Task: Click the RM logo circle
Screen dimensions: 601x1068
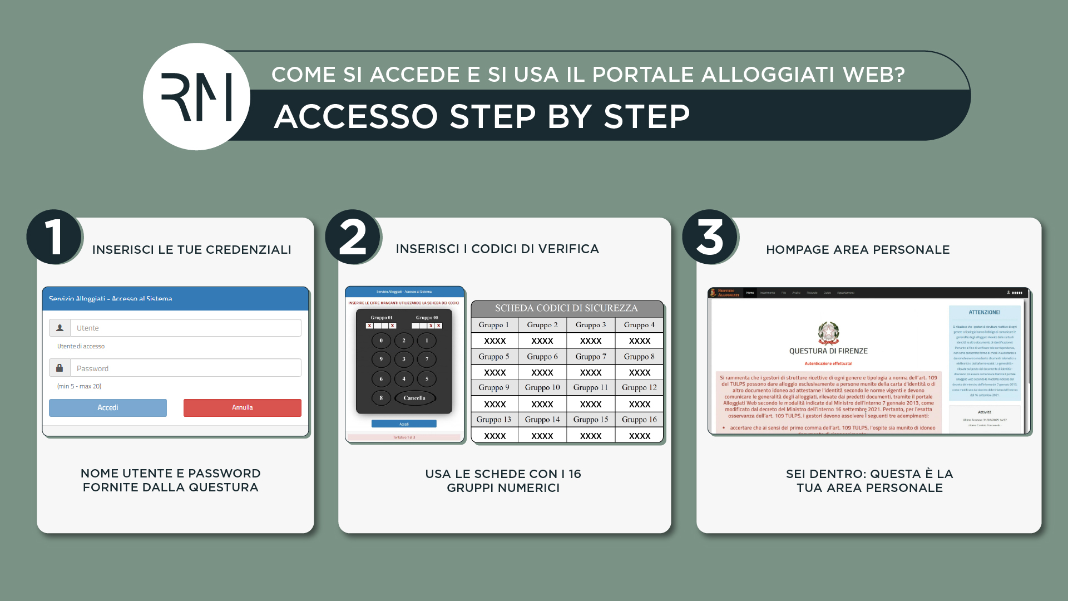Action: [196, 97]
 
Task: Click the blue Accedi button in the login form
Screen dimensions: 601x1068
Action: [108, 407]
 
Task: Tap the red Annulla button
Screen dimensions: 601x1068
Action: [242, 407]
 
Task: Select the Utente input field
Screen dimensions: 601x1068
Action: [185, 328]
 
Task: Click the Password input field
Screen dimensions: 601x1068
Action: [185, 368]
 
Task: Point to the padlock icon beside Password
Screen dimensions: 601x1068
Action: [60, 368]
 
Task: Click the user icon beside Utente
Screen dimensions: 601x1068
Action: [60, 328]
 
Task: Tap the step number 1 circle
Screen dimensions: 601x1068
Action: [54, 237]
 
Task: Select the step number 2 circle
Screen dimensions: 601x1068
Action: [353, 237]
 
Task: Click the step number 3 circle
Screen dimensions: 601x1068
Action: [710, 237]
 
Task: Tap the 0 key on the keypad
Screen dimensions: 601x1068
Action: [381, 341]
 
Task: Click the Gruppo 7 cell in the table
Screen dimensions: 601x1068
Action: [591, 356]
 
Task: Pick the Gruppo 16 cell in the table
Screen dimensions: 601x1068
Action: [639, 419]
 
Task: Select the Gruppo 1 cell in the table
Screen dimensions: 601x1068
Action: [494, 324]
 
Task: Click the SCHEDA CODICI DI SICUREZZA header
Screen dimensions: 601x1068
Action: [566, 308]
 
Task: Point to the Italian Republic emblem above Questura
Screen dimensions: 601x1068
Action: [828, 333]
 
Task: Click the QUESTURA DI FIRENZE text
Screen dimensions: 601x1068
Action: [828, 351]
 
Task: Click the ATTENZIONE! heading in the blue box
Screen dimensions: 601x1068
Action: [985, 312]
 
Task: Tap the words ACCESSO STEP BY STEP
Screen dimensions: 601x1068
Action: [482, 116]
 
